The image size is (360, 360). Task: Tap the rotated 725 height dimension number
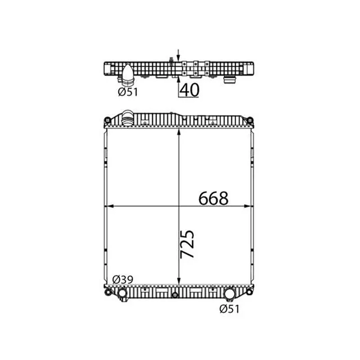click(187, 244)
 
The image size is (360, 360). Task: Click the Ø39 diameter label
click(123, 279)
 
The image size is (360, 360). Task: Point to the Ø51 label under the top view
click(128, 92)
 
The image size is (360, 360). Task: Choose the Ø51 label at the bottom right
click(229, 309)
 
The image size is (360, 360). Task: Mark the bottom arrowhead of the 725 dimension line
click(179, 281)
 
